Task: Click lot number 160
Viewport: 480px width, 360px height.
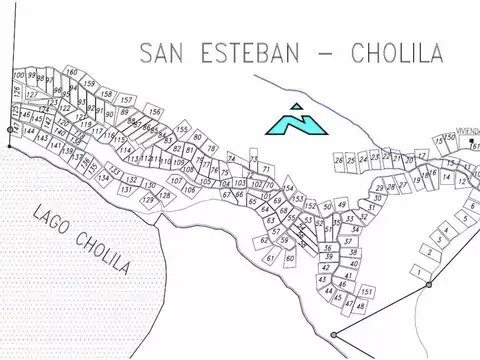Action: (72, 73)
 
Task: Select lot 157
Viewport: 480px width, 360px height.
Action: (126, 100)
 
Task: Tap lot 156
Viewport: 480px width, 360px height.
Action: (153, 112)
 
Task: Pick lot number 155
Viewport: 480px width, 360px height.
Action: (181, 130)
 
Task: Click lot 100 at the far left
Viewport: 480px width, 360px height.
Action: (19, 76)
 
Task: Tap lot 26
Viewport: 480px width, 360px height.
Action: (339, 160)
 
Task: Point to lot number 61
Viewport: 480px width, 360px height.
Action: (270, 258)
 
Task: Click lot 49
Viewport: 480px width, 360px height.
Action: (342, 205)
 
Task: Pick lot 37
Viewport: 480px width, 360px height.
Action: (346, 241)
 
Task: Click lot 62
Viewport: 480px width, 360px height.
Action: (264, 240)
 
